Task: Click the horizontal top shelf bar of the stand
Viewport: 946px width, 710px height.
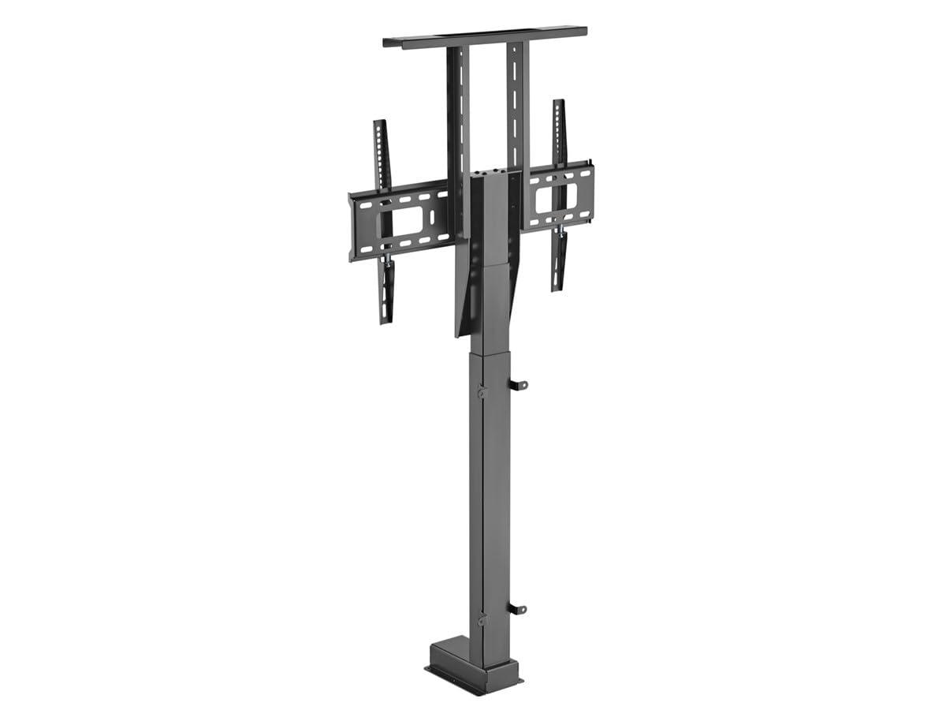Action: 485,36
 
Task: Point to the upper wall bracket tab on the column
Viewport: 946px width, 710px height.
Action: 517,385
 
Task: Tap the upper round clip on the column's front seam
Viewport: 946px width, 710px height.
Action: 482,391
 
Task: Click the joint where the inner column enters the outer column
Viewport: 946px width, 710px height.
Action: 489,353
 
